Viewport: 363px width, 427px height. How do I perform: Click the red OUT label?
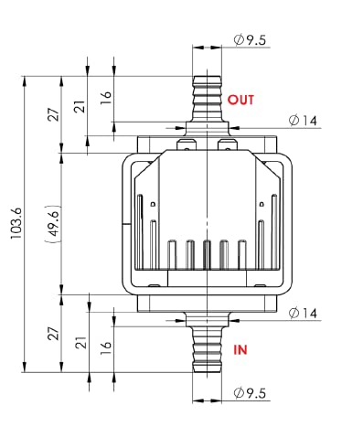click(240, 100)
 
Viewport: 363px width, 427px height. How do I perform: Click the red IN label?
click(240, 350)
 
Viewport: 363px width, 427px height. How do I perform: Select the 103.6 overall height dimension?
click(16, 223)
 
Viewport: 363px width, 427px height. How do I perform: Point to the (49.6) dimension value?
click(53, 224)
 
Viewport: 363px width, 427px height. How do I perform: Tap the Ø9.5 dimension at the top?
click(250, 40)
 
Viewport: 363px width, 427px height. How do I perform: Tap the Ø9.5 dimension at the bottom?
click(250, 393)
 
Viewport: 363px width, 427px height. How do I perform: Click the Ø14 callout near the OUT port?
click(303, 121)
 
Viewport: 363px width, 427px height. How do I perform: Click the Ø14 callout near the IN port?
click(303, 313)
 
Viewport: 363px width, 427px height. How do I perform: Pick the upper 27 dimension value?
click(54, 114)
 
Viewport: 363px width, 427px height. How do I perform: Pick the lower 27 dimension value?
click(54, 334)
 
